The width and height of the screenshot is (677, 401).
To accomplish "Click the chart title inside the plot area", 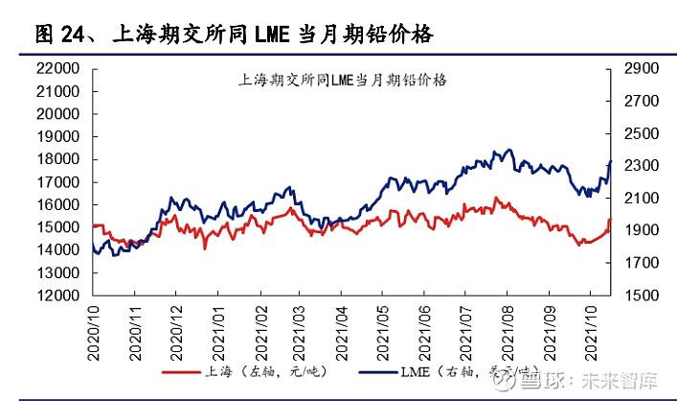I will pos(342,81).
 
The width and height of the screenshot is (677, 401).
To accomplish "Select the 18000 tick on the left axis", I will pos(58,159).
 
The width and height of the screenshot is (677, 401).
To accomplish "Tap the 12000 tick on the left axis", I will pos(58,295).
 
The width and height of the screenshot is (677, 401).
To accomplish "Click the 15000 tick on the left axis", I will pos(58,227).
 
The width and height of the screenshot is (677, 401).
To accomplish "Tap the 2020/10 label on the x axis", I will pos(94,331).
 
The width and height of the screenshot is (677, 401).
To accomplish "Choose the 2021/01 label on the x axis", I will pos(219,331).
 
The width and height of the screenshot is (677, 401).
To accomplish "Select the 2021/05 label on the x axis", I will pos(387,331).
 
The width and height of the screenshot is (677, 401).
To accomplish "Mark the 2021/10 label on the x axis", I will pos(592,331).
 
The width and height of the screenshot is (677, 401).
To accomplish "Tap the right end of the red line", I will pos(609,221).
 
